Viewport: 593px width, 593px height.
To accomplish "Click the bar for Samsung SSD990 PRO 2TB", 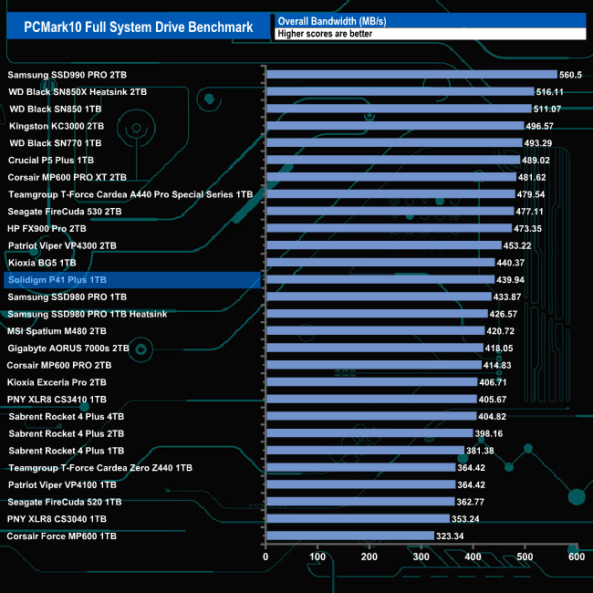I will (411, 75).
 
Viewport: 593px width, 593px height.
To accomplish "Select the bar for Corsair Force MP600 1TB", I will (349, 536).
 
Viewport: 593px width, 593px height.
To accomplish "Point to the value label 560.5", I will (571, 75).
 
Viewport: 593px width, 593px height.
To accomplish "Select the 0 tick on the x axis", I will (265, 557).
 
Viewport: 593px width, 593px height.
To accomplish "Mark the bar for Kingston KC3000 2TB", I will (394, 126).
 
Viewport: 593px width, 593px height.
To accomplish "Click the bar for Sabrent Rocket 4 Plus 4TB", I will (370, 416).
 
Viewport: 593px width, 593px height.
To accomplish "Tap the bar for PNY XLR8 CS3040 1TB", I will (357, 519).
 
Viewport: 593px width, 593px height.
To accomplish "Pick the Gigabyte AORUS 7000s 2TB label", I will (68, 349).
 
